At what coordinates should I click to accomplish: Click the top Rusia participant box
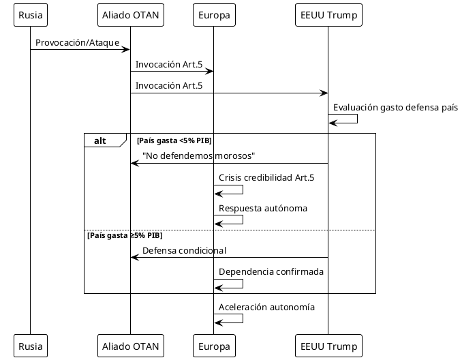[30, 15]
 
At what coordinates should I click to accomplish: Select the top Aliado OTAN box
[130, 15]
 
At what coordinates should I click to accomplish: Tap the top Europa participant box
[213, 15]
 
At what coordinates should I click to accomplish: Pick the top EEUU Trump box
[328, 15]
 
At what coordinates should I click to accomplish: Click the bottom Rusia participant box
[30, 346]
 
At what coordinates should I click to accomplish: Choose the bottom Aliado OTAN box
[130, 346]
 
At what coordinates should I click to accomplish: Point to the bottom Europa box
[213, 346]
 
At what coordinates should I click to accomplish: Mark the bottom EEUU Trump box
[328, 346]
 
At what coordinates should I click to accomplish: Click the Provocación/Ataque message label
[77, 43]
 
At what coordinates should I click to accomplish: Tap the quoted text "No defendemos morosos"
[198, 156]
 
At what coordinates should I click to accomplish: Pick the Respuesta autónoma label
[263, 209]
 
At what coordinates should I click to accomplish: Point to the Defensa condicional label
[184, 251]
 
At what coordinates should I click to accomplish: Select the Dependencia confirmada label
[271, 272]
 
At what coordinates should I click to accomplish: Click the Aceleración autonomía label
[266, 307]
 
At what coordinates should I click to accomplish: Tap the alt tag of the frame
[100, 140]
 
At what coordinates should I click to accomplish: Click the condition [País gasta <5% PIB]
[174, 140]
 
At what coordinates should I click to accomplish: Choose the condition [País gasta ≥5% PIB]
[125, 235]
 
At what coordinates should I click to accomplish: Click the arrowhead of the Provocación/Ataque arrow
[126, 50]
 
